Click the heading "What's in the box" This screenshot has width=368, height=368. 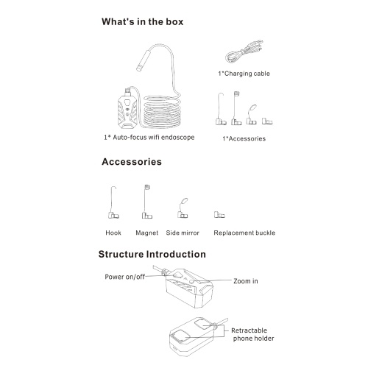coord(142,21)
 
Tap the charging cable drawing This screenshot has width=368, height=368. coord(244,52)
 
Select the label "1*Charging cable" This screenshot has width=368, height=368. coord(244,74)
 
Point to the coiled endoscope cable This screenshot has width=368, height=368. coord(162,112)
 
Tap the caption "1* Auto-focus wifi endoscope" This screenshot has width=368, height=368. coord(149,137)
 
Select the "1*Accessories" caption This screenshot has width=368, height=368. coord(244,138)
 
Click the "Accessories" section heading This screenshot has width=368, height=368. coord(132,162)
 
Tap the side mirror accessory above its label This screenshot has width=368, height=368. coord(183,208)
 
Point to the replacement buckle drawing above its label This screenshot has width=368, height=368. coord(219,215)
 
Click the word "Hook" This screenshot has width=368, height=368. coord(113,233)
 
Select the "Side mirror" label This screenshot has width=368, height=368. coord(183,233)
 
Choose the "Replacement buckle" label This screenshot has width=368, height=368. coord(244,233)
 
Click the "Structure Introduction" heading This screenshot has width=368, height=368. coord(152,254)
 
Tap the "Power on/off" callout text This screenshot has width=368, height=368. coord(124,277)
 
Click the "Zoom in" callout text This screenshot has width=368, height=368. coord(246,281)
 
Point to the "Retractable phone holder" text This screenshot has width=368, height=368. coord(252,334)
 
